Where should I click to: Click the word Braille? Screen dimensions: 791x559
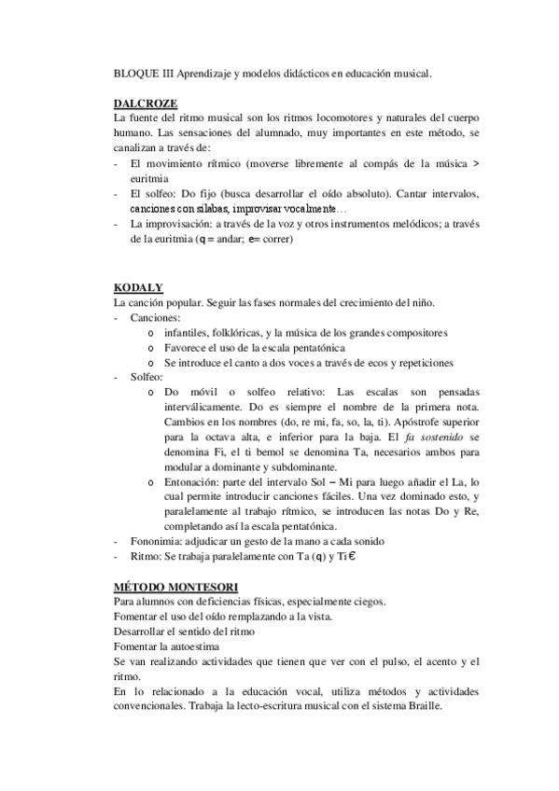pyautogui.click(x=416, y=706)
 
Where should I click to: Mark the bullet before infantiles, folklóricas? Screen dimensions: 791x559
pyautogui.click(x=150, y=333)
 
